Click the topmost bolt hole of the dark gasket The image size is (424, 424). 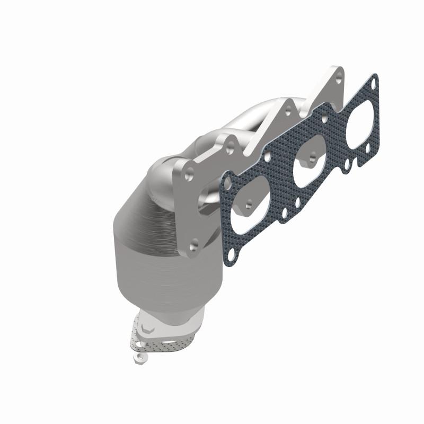tap(374, 83)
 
